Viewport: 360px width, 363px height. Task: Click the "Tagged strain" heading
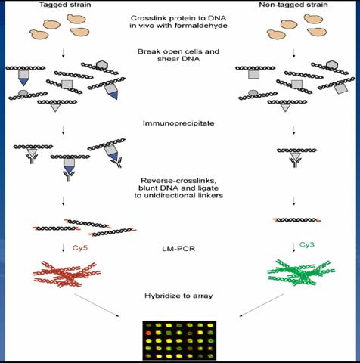click(65, 5)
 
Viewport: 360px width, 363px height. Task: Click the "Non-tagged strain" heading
click(293, 5)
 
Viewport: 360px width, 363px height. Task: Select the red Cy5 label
click(80, 247)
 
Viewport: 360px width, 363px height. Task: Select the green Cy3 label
click(307, 244)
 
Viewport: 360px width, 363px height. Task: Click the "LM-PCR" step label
click(178, 249)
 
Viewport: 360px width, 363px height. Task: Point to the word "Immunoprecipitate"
click(178, 123)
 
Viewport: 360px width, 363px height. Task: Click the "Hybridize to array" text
click(178, 296)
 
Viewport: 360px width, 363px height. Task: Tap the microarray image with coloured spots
click(179, 340)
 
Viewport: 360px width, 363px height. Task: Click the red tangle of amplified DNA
click(67, 275)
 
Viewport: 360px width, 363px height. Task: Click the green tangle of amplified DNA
click(301, 273)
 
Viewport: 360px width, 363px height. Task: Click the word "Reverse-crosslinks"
click(178, 181)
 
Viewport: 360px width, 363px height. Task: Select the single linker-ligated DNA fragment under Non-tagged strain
click(296, 220)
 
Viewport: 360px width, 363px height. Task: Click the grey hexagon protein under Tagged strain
click(102, 65)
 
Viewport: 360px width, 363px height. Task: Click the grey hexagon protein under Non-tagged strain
click(332, 65)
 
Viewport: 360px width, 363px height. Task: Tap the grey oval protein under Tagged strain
click(23, 93)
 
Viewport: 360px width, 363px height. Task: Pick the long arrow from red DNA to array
click(97, 306)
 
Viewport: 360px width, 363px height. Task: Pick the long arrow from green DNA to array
click(262, 305)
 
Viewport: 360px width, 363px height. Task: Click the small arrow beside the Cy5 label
click(64, 247)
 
